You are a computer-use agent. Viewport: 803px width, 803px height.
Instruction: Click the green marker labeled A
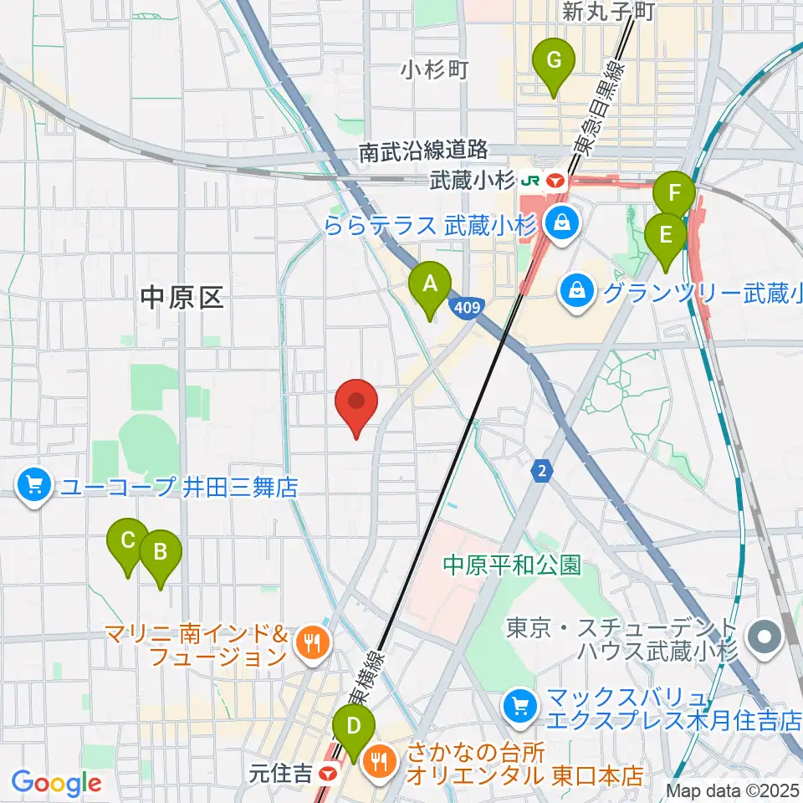[430, 284]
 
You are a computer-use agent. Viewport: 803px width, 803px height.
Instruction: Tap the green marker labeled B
[161, 552]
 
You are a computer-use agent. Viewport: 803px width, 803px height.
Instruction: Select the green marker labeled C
[128, 540]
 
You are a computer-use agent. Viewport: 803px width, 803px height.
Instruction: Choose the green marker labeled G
[553, 61]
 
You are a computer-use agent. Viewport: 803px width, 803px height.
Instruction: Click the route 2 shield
[542, 472]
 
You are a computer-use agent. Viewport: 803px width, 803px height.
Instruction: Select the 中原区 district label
[182, 297]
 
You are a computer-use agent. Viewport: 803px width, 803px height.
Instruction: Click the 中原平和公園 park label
[512, 565]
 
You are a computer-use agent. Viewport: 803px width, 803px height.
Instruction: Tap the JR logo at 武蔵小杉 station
[530, 179]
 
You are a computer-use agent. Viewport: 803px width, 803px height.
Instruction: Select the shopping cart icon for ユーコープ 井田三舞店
[34, 485]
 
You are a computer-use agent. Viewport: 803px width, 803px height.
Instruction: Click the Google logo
[56, 783]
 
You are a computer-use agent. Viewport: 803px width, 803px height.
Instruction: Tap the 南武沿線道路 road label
[423, 151]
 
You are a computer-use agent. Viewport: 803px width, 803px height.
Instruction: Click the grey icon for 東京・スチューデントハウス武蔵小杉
[763, 637]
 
